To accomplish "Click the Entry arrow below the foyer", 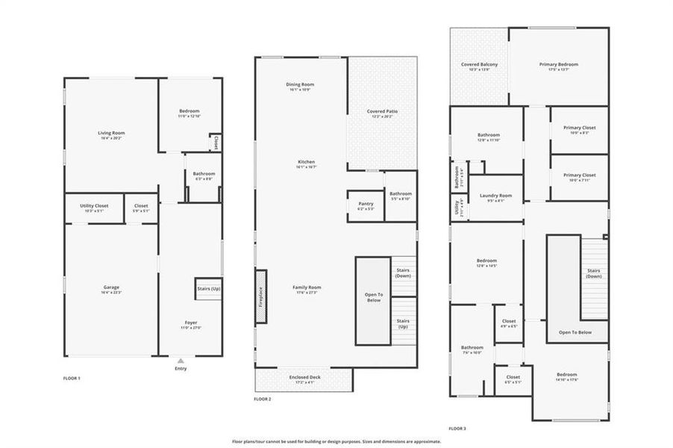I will point(180,361).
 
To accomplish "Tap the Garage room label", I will point(111,287).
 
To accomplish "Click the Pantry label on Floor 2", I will point(366,203).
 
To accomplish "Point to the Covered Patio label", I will point(382,111).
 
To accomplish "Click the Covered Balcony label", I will point(479,64).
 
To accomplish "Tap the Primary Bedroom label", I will point(558,64).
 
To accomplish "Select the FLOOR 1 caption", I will point(72,379).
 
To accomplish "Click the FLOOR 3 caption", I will point(457,429).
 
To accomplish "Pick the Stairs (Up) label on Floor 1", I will point(208,287).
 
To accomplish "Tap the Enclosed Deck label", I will point(304,377).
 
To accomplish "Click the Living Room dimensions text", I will point(111,138).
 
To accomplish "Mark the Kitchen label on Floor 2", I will point(306,162).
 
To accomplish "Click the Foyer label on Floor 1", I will point(191,323).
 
